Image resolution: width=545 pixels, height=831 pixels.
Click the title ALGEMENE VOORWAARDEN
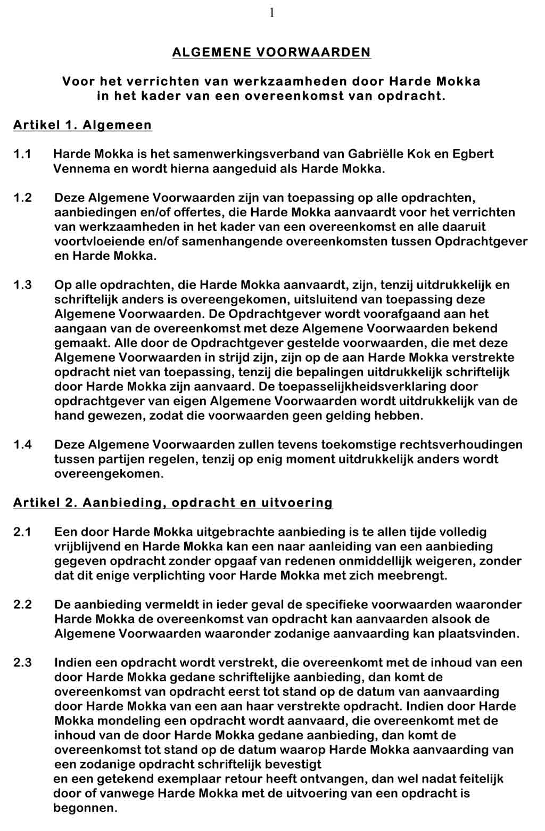pos(271,52)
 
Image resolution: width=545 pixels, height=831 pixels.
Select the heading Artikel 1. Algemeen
pos(82,125)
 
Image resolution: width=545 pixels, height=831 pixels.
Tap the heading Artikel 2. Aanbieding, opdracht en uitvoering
pos(173,503)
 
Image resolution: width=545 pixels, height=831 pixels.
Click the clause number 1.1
pos(22,154)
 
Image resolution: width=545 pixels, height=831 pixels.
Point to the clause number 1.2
pos(22,198)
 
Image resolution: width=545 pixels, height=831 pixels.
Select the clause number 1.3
pos(22,285)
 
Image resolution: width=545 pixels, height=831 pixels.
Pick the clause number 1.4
pos(22,445)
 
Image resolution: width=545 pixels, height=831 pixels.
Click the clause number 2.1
pos(22,532)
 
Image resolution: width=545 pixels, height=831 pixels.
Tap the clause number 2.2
pos(22,605)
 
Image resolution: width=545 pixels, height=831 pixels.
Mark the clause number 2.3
pos(22,663)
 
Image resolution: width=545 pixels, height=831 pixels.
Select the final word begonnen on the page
pos(85,808)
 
